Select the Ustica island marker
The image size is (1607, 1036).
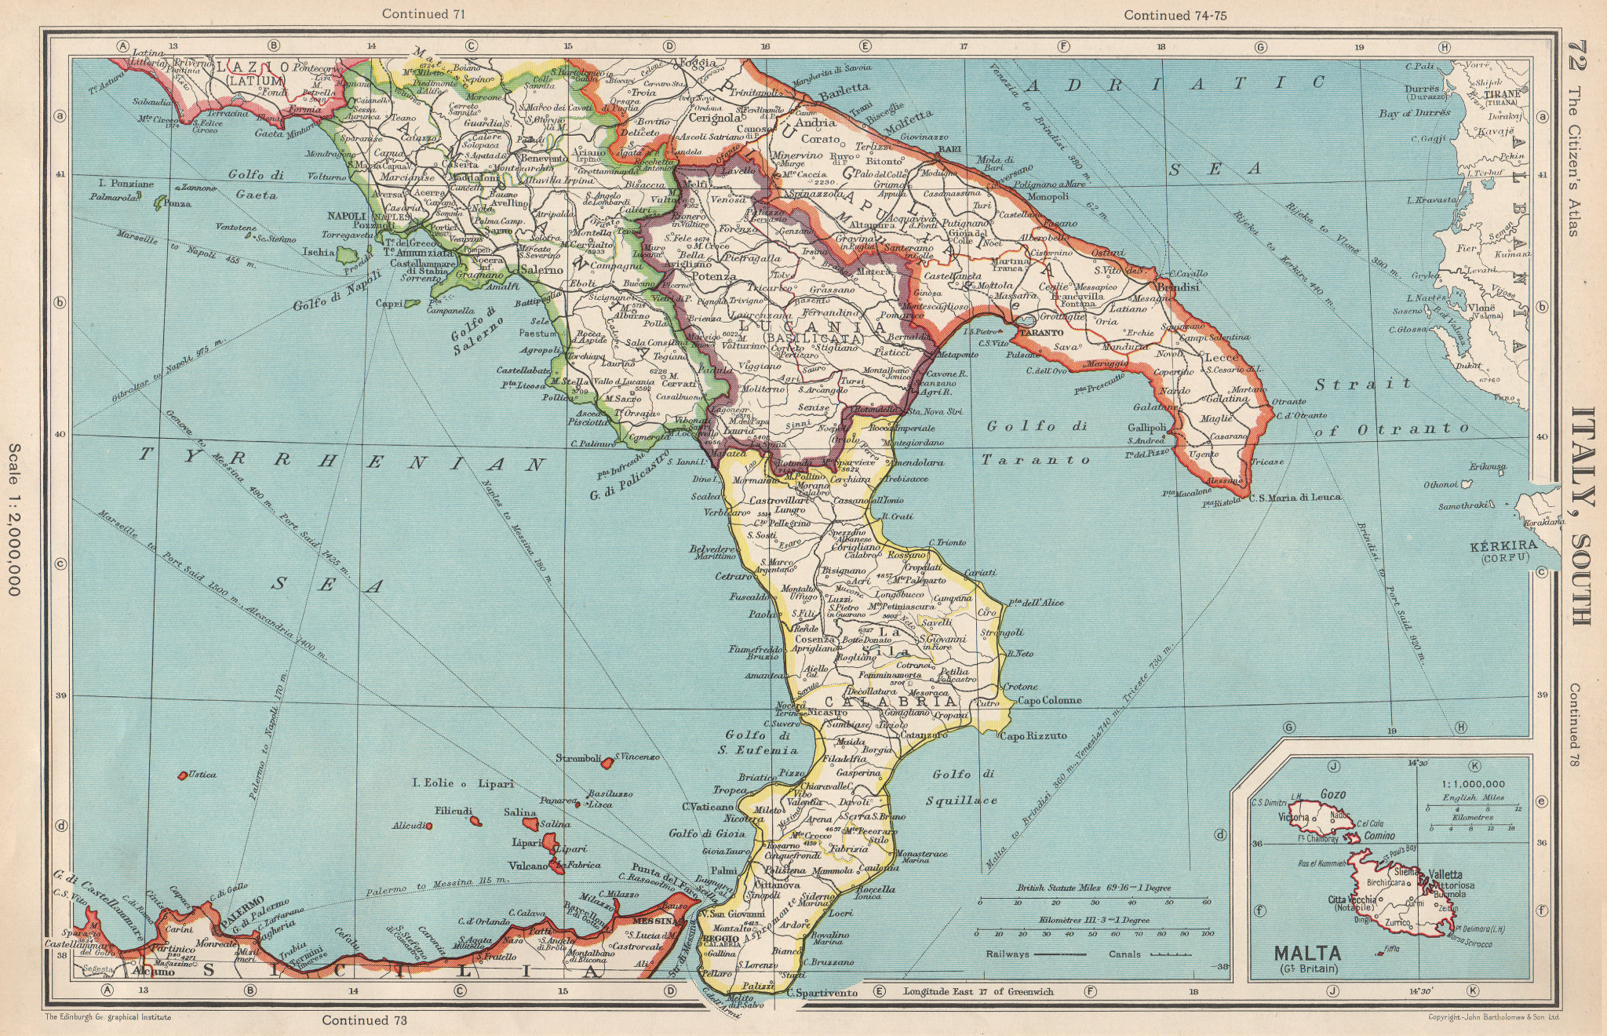click(x=183, y=775)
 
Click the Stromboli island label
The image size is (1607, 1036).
click(x=578, y=759)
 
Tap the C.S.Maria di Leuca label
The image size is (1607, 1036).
click(x=1295, y=497)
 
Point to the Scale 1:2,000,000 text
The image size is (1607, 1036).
click(x=14, y=519)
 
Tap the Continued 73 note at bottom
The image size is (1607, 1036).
click(x=366, y=1020)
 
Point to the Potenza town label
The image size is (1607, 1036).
click(x=714, y=276)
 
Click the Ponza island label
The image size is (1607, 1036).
click(x=178, y=203)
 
